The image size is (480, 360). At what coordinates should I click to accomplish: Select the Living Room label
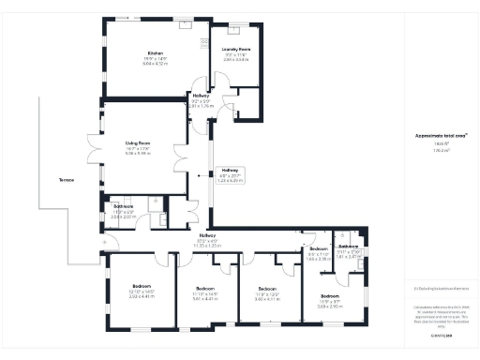click(x=139, y=143)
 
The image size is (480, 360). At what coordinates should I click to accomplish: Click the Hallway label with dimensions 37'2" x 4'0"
click(x=207, y=234)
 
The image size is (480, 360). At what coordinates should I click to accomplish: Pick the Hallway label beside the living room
click(x=230, y=172)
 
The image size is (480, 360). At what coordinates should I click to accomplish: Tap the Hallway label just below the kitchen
click(x=201, y=96)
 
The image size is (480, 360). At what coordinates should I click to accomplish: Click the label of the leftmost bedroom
click(x=142, y=285)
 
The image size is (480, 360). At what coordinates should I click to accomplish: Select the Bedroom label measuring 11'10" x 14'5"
click(x=205, y=288)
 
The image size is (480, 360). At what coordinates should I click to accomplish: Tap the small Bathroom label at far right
click(x=349, y=247)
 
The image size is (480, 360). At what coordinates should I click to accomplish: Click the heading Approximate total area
click(x=435, y=135)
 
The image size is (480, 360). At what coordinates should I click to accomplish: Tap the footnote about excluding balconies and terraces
click(x=434, y=289)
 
